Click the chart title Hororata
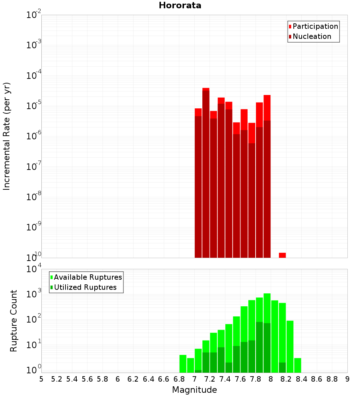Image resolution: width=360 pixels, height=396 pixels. (180, 5)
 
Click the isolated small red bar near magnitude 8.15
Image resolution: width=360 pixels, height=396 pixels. (282, 255)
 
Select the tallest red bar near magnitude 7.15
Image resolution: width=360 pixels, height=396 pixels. (206, 173)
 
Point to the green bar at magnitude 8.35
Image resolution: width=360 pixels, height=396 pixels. (297, 365)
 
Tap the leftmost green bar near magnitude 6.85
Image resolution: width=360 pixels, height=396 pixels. (183, 364)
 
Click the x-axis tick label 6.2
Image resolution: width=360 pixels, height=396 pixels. (133, 379)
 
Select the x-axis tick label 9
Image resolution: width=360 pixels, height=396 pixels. (347, 379)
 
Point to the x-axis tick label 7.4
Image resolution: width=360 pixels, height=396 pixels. (225, 379)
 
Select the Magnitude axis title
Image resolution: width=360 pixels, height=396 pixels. (194, 390)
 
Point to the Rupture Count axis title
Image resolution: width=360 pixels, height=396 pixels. (14, 320)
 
